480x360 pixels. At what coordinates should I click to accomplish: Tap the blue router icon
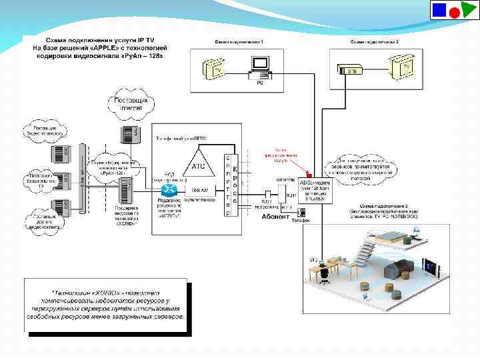coord(169,191)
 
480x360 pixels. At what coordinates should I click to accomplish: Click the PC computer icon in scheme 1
coord(259,66)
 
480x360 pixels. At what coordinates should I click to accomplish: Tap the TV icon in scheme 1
coord(216,69)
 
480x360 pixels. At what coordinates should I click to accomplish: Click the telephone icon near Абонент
coord(301,213)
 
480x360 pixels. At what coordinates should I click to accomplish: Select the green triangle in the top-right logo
coord(469,11)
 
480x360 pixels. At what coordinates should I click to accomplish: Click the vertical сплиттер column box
coord(228,181)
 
